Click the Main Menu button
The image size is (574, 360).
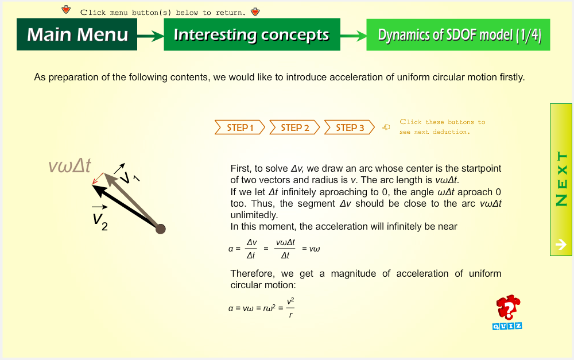point(77,34)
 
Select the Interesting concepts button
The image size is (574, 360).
point(252,34)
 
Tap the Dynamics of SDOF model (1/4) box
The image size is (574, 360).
point(458,34)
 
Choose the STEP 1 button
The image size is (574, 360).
point(240,127)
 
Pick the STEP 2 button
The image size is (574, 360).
point(294,127)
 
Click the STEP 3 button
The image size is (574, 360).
point(350,127)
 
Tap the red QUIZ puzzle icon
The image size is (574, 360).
point(508,312)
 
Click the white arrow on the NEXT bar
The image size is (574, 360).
point(561,244)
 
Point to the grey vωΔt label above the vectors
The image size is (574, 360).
point(69,165)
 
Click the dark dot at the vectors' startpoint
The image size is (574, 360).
point(160,229)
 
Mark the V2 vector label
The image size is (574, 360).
point(99,218)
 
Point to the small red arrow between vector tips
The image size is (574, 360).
point(98,179)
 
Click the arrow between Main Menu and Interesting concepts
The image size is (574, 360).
point(150,36)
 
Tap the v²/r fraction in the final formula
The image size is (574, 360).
point(290,308)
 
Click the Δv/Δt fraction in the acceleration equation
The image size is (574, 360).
point(251,249)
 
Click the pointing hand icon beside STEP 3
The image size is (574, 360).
point(386,127)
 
